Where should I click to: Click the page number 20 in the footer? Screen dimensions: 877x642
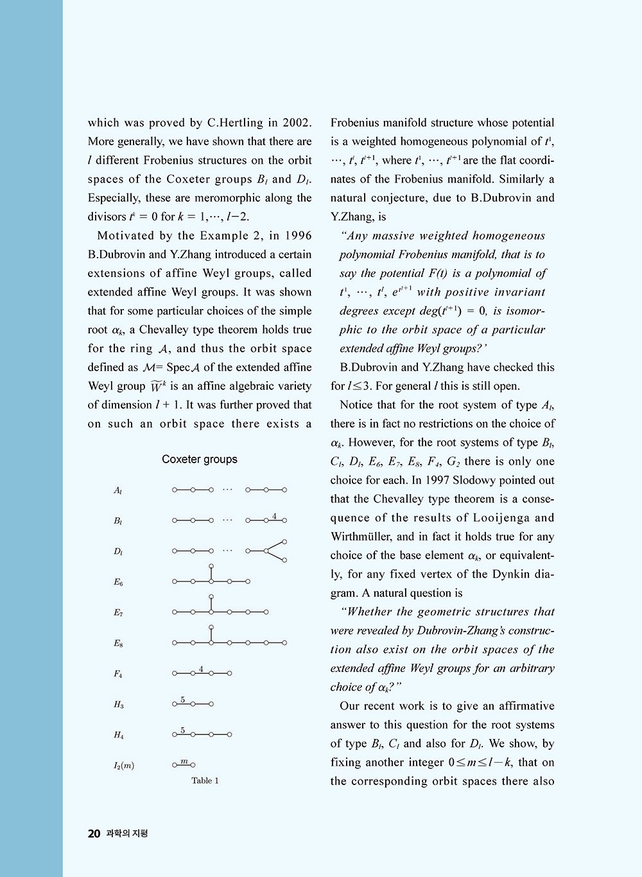tap(94, 834)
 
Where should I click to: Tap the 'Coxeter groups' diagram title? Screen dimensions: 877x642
tap(200, 459)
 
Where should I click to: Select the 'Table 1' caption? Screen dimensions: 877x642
tap(205, 781)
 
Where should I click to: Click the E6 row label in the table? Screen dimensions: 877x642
tap(118, 582)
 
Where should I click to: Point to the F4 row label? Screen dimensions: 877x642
tap(118, 674)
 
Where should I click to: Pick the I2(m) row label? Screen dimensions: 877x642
tap(124, 765)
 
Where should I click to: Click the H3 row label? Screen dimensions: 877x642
tap(119, 705)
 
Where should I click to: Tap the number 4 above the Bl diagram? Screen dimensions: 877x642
tap(274, 516)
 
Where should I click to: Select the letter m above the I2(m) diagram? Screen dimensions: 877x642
tap(184, 761)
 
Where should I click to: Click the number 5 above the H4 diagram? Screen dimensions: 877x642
tap(183, 730)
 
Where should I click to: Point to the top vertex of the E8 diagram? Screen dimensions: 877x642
tap(211, 627)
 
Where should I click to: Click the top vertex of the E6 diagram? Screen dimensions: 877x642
tap(211, 566)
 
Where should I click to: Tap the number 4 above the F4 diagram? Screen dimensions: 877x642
tap(201, 669)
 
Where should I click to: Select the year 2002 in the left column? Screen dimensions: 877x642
tap(297, 123)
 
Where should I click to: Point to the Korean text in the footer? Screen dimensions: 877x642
tap(127, 834)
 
